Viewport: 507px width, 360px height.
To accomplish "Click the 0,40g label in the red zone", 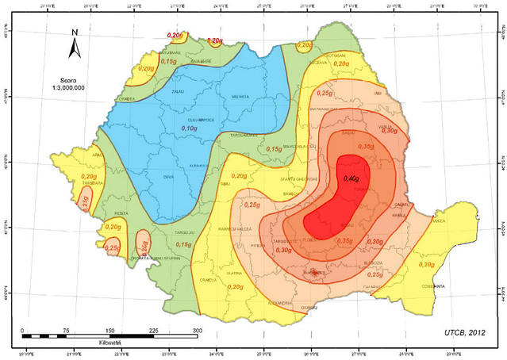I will point(351,178).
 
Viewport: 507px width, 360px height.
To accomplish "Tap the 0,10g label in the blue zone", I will point(190,128).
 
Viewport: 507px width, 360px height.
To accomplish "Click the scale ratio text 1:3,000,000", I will point(75,89).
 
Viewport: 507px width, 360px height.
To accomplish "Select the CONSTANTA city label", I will point(432,285).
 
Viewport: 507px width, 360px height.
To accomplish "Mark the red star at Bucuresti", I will point(316,273).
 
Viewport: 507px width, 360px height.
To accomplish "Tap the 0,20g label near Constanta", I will point(426,264).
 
